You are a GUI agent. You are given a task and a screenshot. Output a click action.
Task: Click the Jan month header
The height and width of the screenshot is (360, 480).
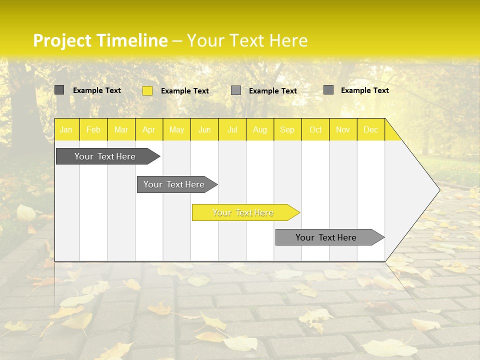[x=66, y=130]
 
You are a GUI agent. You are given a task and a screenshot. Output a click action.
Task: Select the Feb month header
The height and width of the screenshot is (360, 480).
[x=93, y=130]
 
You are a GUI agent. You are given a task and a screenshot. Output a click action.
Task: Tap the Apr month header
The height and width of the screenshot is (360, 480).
[x=149, y=130]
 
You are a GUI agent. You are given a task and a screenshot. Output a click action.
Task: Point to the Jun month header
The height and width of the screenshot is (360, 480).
[x=204, y=130]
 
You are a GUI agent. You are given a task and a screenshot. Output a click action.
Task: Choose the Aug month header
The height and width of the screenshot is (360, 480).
[x=260, y=130]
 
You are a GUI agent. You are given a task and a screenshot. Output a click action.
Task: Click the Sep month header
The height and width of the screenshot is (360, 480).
[x=287, y=130]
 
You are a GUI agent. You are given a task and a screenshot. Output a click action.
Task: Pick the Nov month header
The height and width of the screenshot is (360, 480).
[x=343, y=130]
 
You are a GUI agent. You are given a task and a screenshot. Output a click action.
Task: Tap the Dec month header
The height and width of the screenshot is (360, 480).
[x=370, y=130]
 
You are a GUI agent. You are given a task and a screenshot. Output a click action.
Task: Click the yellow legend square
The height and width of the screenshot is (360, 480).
[x=147, y=90]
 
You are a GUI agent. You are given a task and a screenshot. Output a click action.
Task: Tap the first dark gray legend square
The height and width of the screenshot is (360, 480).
[x=59, y=90]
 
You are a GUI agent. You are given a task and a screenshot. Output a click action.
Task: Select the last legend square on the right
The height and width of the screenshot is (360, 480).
[x=328, y=90]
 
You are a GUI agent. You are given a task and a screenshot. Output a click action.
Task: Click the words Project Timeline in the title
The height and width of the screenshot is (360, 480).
[x=100, y=40]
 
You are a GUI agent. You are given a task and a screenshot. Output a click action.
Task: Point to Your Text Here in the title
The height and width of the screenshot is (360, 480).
[x=247, y=40]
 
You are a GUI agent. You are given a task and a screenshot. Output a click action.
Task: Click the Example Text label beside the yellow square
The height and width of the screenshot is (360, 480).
[x=185, y=91]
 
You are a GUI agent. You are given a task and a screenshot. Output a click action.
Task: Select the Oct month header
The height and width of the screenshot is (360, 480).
[x=315, y=130]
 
